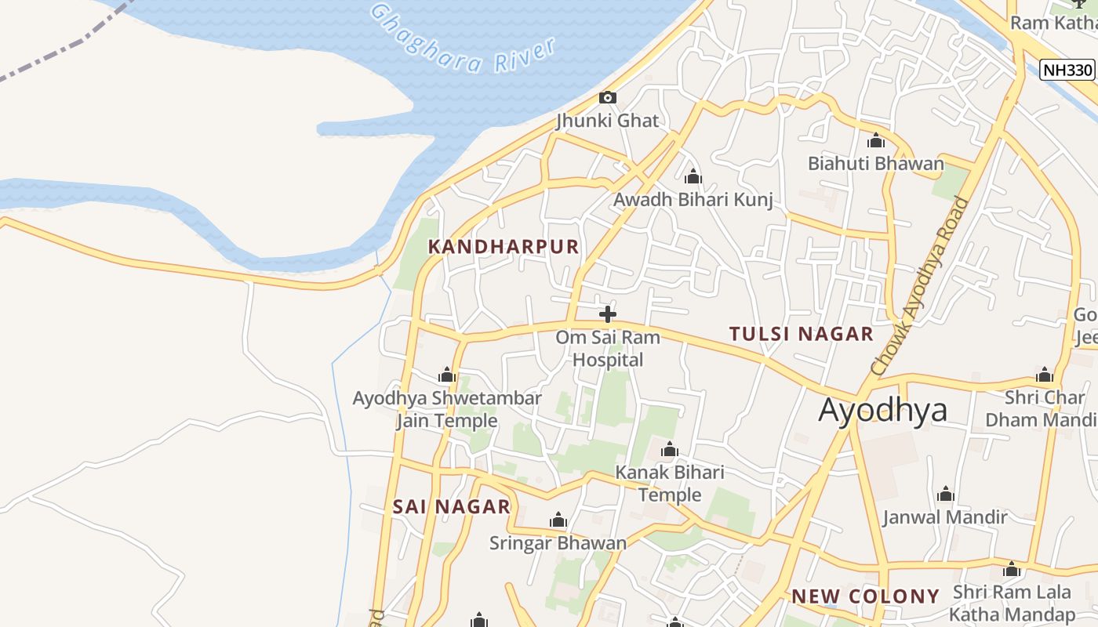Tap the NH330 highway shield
coord(1067,70)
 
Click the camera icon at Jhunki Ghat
coord(607,98)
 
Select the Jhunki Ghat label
coord(608,121)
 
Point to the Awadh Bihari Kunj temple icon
coord(693,176)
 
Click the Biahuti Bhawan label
coord(876,164)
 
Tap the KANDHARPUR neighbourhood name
coord(504,247)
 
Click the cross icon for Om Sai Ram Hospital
coord(607,314)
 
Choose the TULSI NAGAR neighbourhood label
coord(801,334)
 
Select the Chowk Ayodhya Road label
coord(919,286)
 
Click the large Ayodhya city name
coord(882,410)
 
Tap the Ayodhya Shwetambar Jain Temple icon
coord(447,375)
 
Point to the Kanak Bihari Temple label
coord(670,484)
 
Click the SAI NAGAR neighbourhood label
coord(452,506)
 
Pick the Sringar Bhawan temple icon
coord(558,520)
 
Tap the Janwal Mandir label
coord(945,517)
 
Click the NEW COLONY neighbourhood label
coord(865,596)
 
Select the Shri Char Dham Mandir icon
coord(1044,375)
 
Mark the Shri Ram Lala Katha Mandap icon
coord(1012,570)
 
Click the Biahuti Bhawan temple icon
coord(876,141)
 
